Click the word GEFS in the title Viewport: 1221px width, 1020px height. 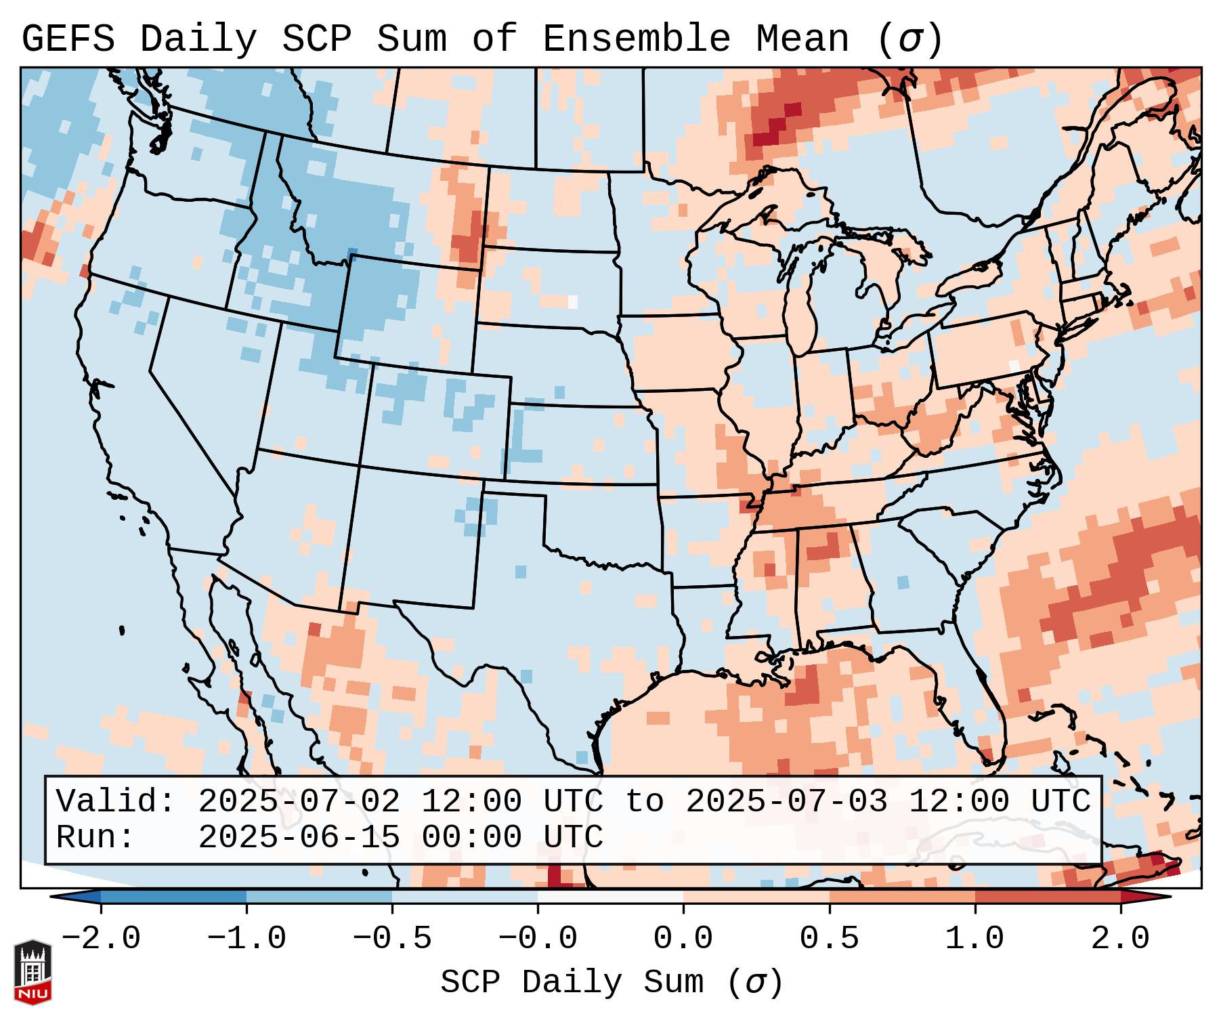coord(68,39)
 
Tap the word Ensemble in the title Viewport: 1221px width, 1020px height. coord(636,39)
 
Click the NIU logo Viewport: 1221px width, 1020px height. coord(33,972)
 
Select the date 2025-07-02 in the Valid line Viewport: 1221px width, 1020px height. coord(299,802)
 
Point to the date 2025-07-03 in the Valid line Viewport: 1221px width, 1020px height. coord(786,802)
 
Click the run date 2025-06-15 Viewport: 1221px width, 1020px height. coord(299,838)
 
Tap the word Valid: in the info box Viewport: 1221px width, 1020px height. coord(116,802)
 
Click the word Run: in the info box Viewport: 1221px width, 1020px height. coord(95,838)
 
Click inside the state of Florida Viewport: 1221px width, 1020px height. coord(982,704)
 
